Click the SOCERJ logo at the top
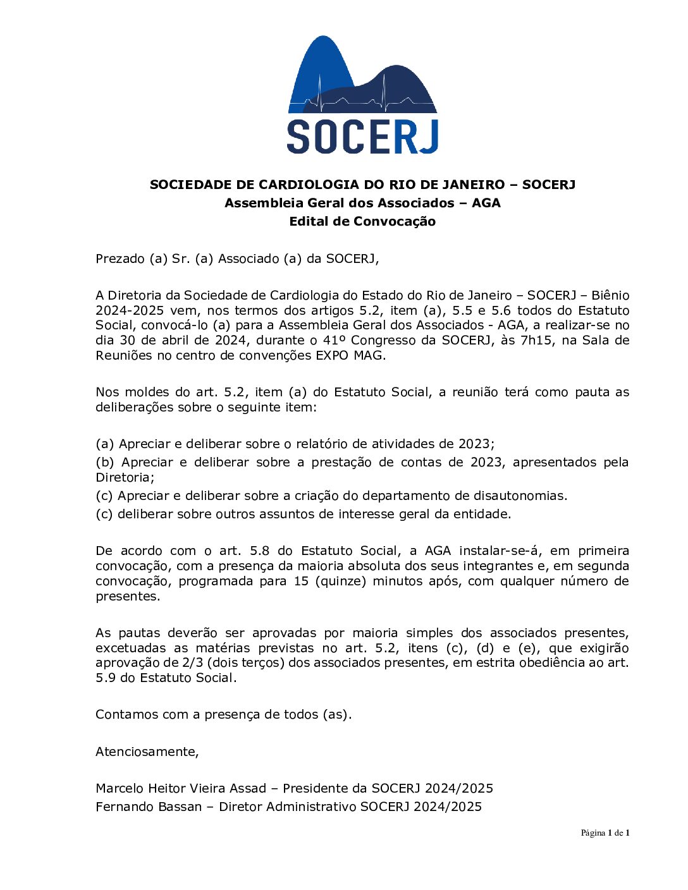click(362, 95)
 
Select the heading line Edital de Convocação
click(362, 221)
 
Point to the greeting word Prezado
click(120, 259)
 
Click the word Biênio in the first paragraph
click(610, 295)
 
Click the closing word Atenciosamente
click(147, 752)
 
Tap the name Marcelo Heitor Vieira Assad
click(181, 788)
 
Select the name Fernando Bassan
click(149, 807)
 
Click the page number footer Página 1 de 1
click(605, 833)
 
